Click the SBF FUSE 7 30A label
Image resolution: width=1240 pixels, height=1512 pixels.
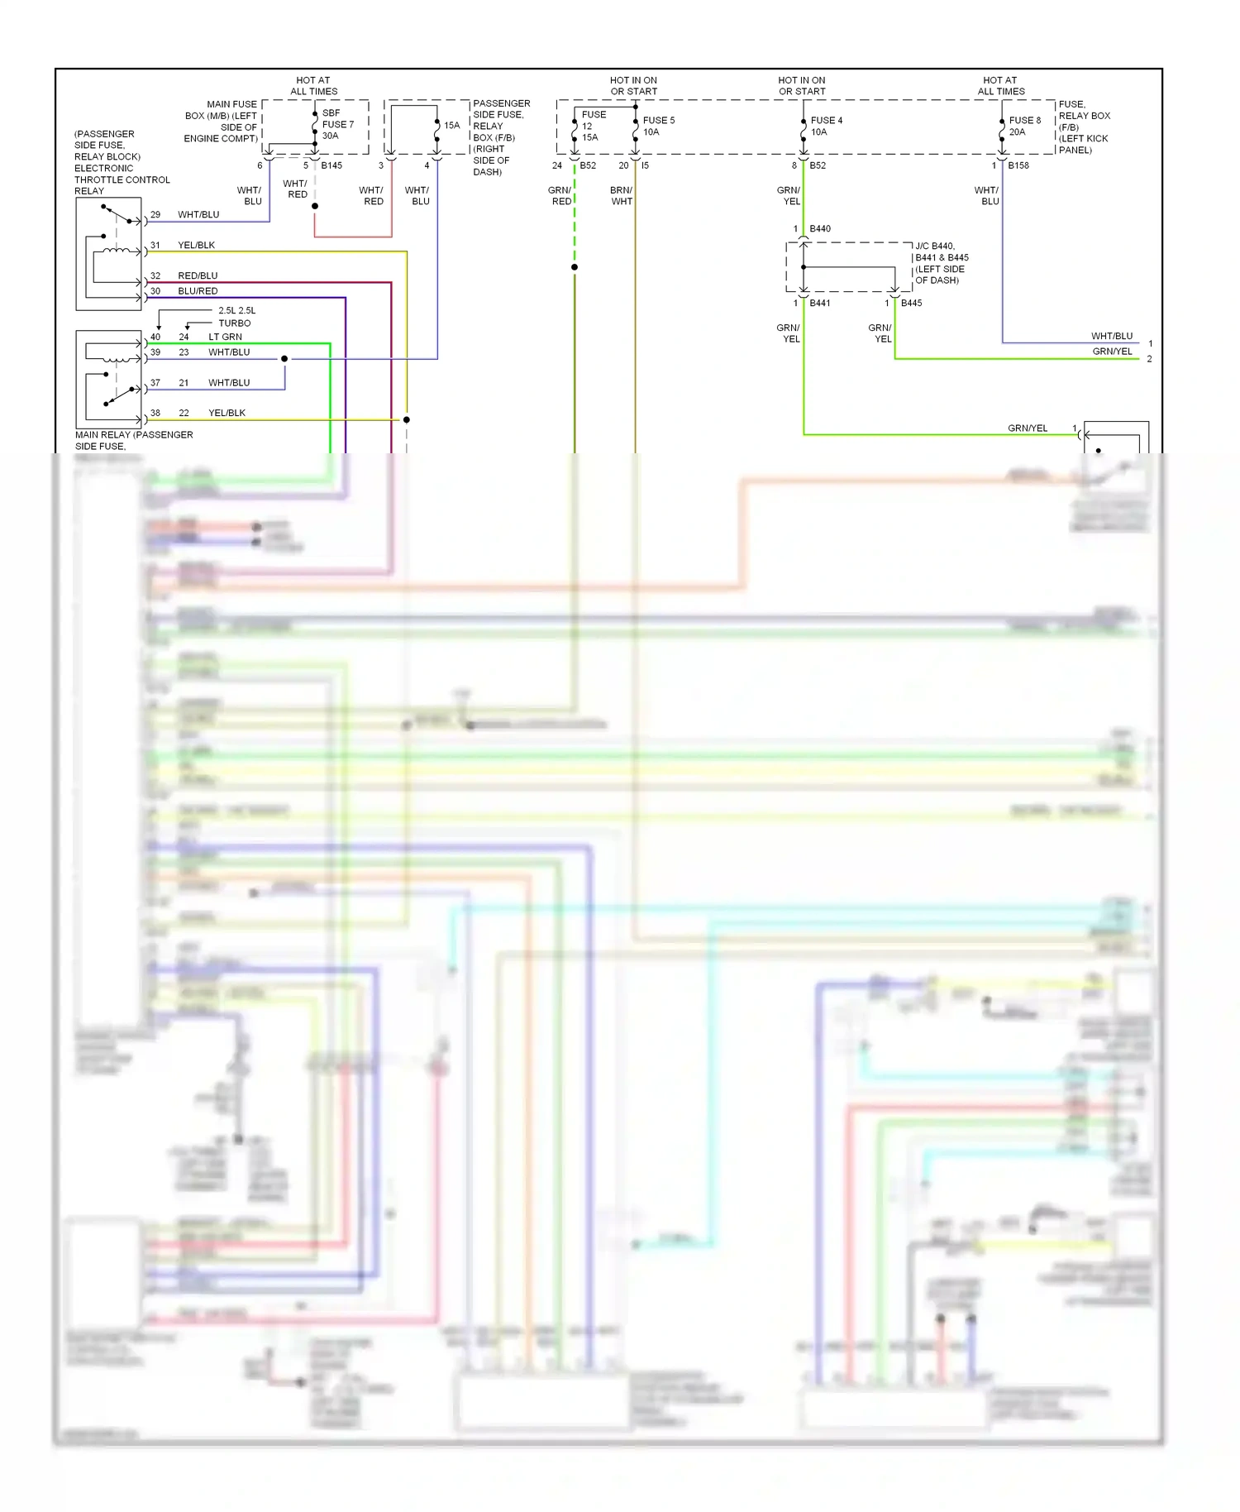337,124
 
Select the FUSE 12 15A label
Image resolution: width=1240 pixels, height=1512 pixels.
593,126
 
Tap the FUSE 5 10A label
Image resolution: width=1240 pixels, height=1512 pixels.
658,126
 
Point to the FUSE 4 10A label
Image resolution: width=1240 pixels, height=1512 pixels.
826,126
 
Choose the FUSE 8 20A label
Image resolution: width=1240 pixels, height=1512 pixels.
1024,126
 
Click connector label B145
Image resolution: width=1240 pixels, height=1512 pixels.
331,165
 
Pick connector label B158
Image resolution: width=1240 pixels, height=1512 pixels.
1018,165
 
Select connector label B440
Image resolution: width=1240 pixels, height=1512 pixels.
820,228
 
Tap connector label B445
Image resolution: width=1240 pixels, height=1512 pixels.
911,303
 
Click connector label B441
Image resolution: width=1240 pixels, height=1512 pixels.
820,303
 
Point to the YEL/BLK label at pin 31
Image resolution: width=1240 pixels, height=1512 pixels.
196,245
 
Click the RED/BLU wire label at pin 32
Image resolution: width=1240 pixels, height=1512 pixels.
198,275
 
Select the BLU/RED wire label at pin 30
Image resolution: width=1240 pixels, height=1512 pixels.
198,291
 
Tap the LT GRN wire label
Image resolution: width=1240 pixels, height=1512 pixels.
225,337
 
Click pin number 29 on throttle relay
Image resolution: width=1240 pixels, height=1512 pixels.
155,214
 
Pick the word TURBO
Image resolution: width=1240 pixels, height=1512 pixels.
234,323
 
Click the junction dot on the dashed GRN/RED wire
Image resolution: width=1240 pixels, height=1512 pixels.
575,267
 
